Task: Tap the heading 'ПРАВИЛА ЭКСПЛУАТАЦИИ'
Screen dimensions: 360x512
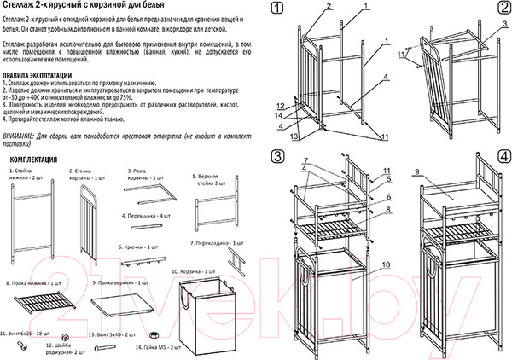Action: [41, 76]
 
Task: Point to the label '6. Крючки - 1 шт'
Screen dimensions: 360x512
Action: [137, 245]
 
